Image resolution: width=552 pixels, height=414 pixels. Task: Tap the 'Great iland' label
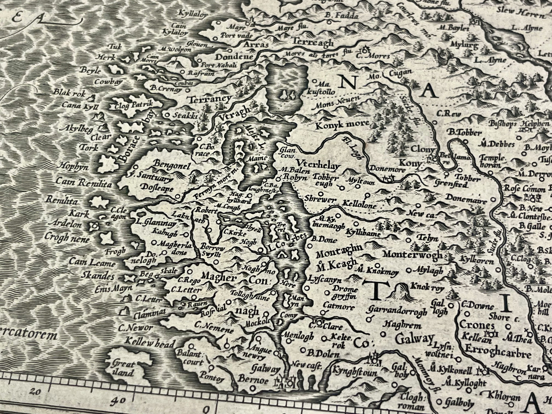pos(123,369)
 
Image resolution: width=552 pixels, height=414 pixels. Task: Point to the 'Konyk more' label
pos(342,124)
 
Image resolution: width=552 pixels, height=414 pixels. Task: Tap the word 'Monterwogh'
pos(413,254)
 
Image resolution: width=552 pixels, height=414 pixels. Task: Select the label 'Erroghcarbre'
pos(498,354)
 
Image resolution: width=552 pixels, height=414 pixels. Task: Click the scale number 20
pos(37,391)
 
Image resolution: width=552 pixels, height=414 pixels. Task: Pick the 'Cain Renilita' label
pos(84,183)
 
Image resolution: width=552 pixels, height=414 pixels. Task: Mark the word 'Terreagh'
pos(312,43)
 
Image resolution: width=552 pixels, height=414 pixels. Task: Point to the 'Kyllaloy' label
pos(193,15)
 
